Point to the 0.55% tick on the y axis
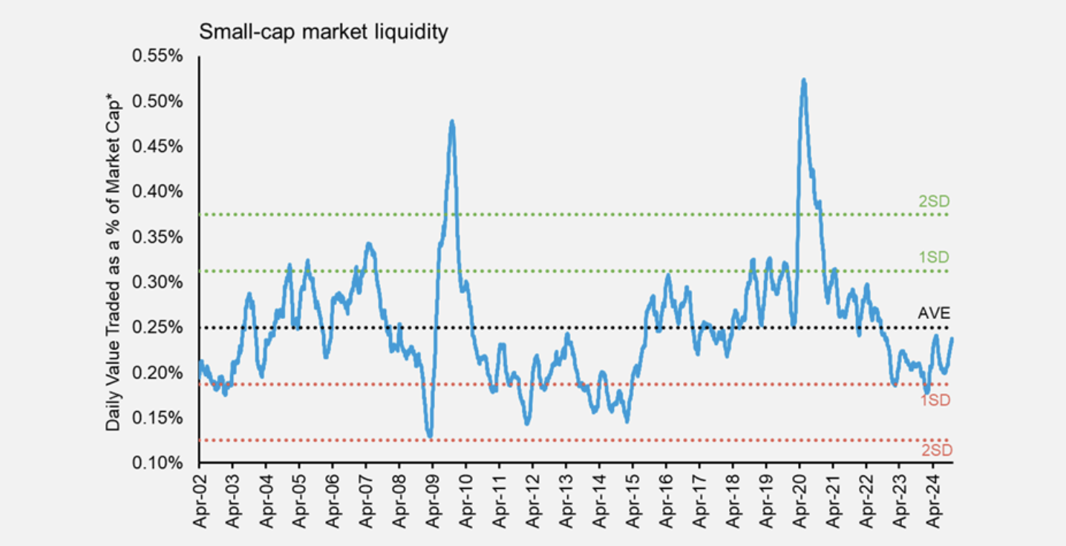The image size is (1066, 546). pos(157,56)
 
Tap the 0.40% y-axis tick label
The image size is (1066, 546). pos(157,191)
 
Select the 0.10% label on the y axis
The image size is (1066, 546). pos(157,463)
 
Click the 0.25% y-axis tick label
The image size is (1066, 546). pos(157,327)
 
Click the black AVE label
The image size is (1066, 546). pos(933,313)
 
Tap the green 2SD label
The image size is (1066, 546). pos(934,201)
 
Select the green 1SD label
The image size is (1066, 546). pos(934,257)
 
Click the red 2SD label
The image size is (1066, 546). pos(936,450)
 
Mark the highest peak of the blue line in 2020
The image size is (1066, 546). pos(804,80)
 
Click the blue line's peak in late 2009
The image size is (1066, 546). pos(452,122)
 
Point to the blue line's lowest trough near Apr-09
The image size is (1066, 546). pos(430,436)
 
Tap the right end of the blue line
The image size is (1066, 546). pos(952,339)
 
